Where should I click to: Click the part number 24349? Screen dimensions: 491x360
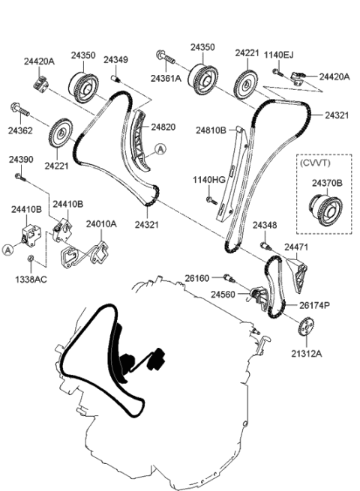(x=115, y=59)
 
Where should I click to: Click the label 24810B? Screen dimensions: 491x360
(x=211, y=130)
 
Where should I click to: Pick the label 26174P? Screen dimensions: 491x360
(x=315, y=305)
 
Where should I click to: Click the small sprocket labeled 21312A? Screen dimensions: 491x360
(x=304, y=328)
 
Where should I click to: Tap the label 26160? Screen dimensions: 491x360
(x=197, y=278)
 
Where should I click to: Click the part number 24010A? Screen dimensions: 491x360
(x=100, y=223)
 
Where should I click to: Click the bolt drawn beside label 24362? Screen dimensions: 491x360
(x=20, y=112)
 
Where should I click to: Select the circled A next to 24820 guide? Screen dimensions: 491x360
(x=160, y=150)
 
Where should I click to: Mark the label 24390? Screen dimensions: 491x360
(x=21, y=160)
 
